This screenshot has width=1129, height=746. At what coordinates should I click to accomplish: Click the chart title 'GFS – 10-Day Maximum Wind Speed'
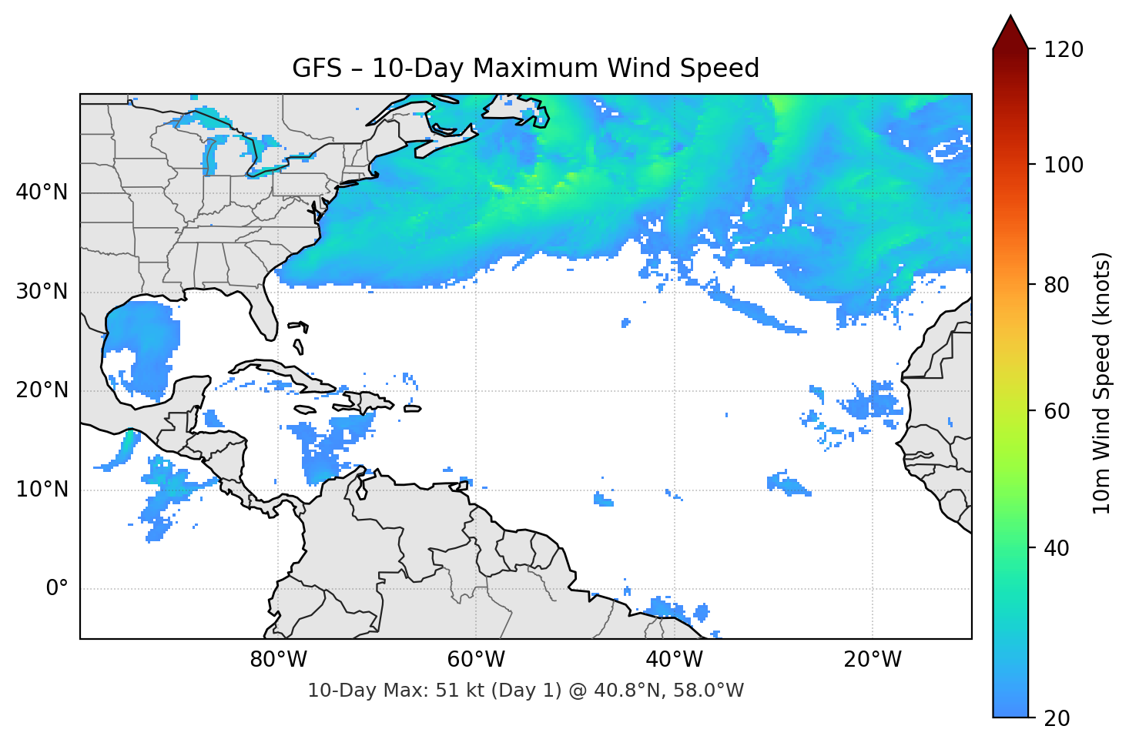525,69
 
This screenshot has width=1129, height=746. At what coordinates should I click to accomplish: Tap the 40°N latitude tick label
42,192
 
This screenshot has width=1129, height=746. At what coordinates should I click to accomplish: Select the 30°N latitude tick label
42,292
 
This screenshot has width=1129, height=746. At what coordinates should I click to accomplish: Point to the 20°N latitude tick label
42,390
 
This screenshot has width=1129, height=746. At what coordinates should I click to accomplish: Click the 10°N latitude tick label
42,490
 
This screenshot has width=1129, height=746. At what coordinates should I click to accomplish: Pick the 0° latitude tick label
57,589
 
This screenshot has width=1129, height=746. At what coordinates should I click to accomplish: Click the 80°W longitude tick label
278,660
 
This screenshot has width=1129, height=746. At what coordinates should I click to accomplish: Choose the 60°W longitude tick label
476,660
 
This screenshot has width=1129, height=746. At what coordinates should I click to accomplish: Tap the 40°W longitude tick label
674,660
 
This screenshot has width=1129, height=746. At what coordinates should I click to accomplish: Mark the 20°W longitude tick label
872,660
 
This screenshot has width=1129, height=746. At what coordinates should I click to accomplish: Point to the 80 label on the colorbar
1057,285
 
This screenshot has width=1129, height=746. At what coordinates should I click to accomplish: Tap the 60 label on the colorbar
1057,411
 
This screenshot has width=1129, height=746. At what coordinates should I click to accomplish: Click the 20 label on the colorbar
1057,718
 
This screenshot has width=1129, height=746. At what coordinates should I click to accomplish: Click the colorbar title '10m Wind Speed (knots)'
1102,383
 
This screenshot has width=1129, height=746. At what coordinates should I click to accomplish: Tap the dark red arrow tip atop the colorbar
1010,31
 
